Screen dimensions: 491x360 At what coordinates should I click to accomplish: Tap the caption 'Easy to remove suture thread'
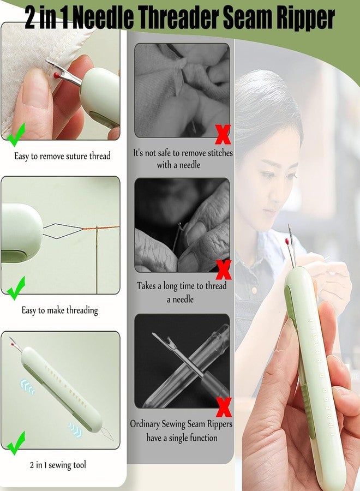click(x=62, y=156)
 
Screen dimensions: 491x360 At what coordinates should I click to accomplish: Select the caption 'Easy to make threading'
click(x=59, y=310)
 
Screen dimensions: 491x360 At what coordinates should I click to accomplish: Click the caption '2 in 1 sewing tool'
click(x=58, y=465)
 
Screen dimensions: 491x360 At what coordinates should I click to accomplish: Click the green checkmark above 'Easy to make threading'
click(x=16, y=287)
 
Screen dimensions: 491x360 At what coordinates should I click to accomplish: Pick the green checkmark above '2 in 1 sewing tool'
click(x=16, y=442)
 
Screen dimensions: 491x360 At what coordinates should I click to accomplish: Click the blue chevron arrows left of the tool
click(x=27, y=388)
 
